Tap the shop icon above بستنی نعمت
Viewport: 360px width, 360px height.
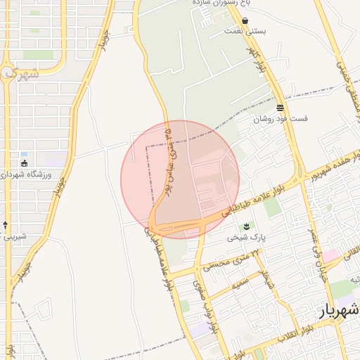click(245, 21)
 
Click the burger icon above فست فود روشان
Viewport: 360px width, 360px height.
click(281, 108)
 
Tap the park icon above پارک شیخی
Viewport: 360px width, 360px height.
click(247, 226)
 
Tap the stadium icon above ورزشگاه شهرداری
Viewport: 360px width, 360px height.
click(25, 163)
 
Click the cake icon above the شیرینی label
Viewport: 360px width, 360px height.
click(6, 225)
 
